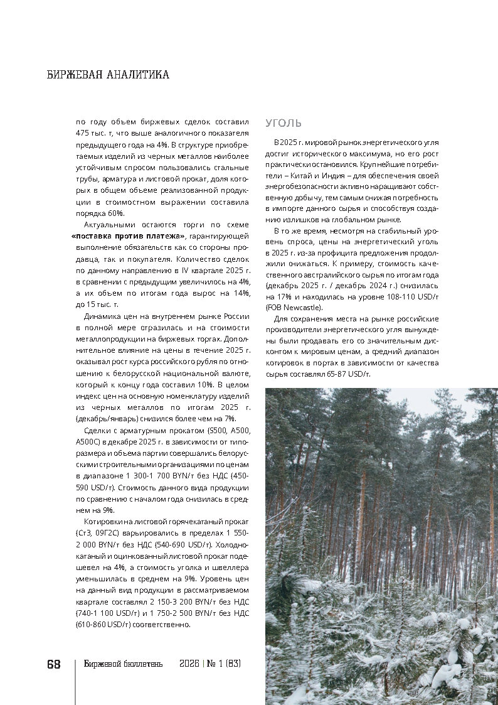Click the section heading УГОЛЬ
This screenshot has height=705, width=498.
point(283,123)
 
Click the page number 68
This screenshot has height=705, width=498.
point(54,664)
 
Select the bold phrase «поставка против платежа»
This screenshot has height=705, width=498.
point(129,235)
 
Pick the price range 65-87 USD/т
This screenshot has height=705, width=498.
point(344,374)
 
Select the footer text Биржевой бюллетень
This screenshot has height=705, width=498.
point(123,664)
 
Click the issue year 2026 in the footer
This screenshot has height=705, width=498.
point(189,664)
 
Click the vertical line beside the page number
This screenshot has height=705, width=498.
point(75,681)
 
